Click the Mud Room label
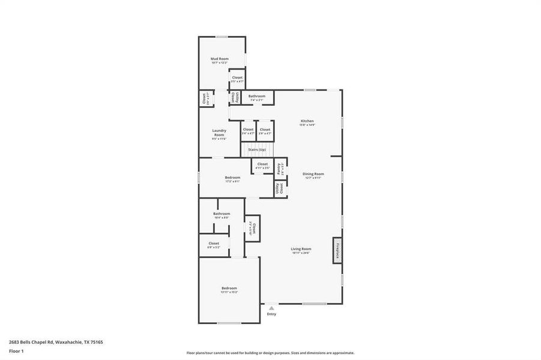217,59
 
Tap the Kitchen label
307,121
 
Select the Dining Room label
313,174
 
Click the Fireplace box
337,250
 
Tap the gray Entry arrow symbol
271,308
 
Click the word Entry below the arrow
271,314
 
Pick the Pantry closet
280,169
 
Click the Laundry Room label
219,133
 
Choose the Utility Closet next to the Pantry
280,188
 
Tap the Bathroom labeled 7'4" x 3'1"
257,97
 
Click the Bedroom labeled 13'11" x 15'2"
229,289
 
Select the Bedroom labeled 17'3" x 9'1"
232,178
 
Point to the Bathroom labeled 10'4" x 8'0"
222,214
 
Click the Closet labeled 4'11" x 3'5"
262,165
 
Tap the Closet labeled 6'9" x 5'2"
214,244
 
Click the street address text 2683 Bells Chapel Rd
30,342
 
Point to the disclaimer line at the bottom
270,353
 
